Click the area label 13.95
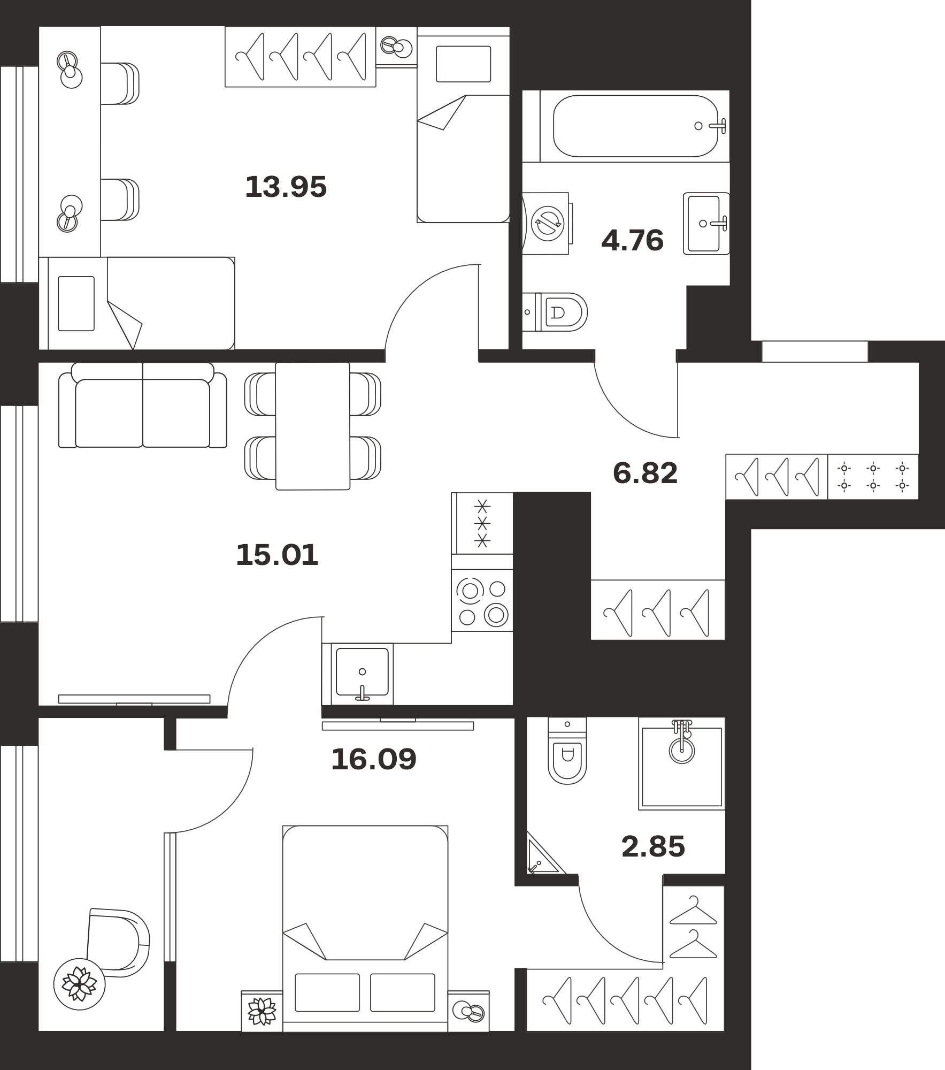coord(286,187)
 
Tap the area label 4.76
coord(633,240)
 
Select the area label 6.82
coord(645,473)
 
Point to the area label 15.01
coord(277,555)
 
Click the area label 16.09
coord(373,759)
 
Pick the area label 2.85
coord(653,847)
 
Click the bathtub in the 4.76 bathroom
coord(635,126)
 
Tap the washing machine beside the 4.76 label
coord(547,223)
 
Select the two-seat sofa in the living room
coord(142,405)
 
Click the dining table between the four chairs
coord(313,426)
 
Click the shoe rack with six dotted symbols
coord(873,477)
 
